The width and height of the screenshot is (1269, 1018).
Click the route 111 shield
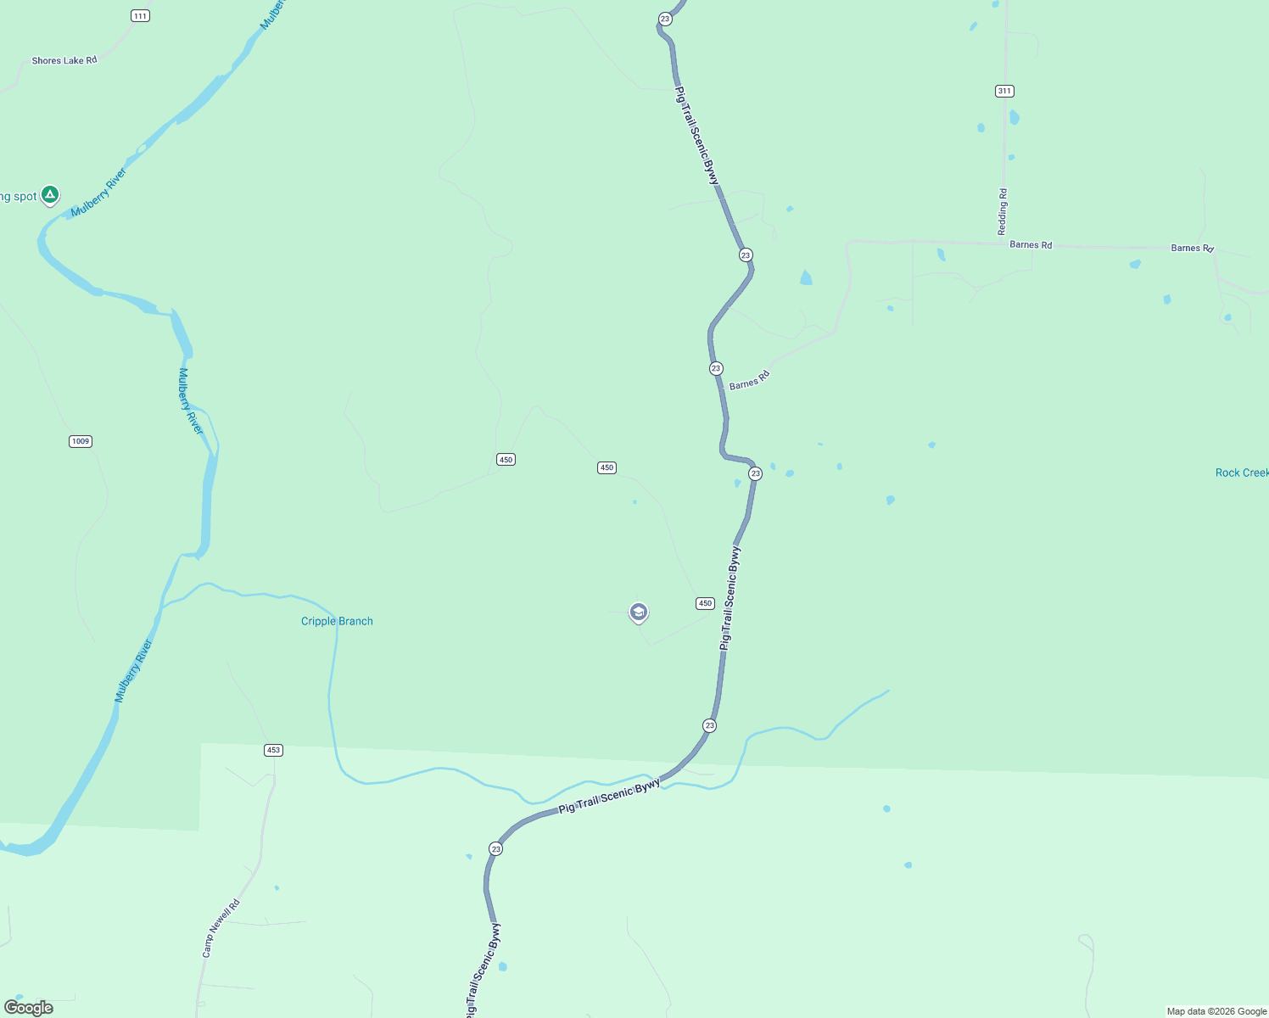click(x=140, y=16)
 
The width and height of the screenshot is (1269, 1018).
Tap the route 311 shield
click(x=1004, y=91)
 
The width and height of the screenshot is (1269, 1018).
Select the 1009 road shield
click(x=81, y=441)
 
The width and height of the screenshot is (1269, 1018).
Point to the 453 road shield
click(x=273, y=750)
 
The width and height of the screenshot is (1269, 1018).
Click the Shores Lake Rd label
click(x=64, y=60)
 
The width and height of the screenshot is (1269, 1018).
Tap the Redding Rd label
click(x=1003, y=212)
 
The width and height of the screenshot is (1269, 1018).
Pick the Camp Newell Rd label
click(x=221, y=928)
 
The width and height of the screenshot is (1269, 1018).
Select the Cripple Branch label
click(x=337, y=621)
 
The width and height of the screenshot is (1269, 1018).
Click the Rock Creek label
click(x=1241, y=473)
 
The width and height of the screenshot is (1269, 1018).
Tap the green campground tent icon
click(x=50, y=195)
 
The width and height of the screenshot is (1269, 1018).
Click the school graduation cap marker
click(x=639, y=612)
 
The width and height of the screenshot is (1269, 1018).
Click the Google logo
click(x=29, y=1008)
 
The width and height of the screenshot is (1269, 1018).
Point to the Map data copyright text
click(x=1216, y=1011)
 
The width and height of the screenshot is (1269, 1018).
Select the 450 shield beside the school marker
click(x=705, y=603)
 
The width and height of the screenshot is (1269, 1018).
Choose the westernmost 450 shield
click(x=506, y=459)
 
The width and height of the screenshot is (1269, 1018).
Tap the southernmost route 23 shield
click(x=496, y=848)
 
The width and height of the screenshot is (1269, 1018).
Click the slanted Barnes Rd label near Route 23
click(x=749, y=380)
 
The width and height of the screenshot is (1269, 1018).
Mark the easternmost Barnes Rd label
click(x=1192, y=248)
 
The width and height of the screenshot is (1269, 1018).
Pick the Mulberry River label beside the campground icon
click(x=99, y=193)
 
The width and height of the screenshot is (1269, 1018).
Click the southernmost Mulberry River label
click(x=134, y=671)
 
